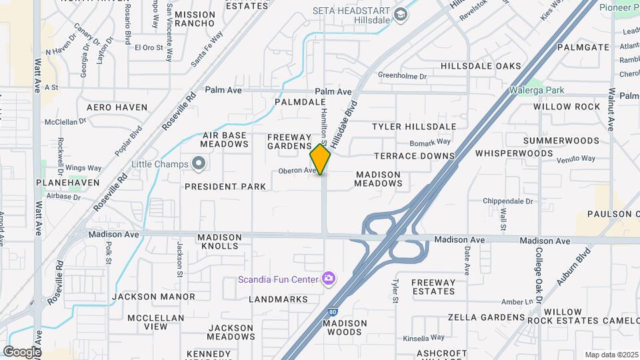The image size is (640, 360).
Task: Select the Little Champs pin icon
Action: [x=199, y=163]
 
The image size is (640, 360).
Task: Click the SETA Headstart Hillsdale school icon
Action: [x=401, y=15]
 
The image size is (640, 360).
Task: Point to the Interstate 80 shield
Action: [x=333, y=311]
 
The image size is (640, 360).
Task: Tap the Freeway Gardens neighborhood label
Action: [x=289, y=141]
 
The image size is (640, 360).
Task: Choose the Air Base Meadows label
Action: [x=225, y=139]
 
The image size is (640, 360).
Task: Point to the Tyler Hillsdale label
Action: [x=414, y=127]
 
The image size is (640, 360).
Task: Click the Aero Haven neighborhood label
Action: [x=117, y=107]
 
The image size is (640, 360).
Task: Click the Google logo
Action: [x=22, y=352]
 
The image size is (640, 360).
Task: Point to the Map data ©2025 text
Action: [x=611, y=355]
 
